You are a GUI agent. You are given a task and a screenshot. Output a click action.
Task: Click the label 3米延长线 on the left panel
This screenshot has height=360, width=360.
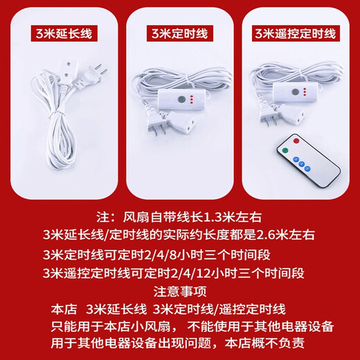60,33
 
